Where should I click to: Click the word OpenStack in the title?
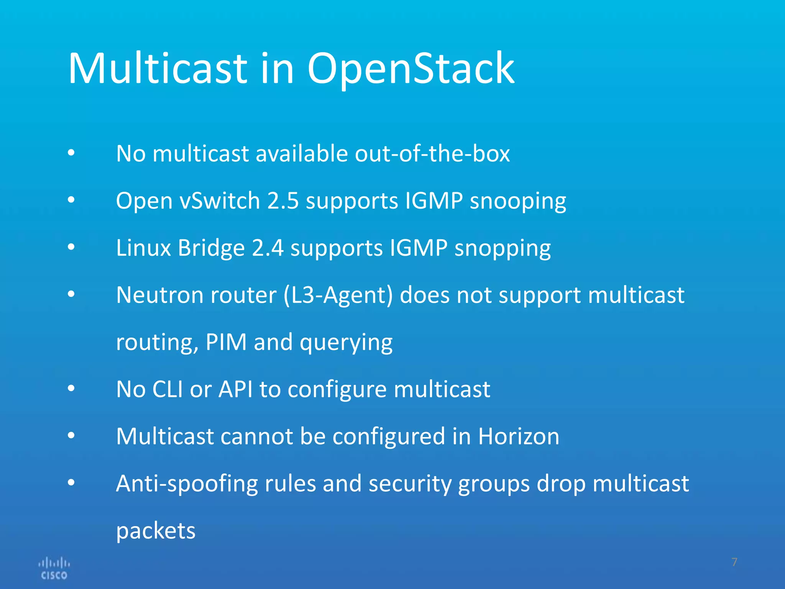[x=411, y=69]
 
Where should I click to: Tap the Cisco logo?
[x=54, y=568]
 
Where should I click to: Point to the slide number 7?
[x=734, y=562]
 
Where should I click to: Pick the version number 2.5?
[x=282, y=201]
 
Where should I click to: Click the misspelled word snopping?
[x=503, y=248]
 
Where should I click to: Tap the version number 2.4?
[x=268, y=248]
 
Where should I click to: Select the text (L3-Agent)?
[x=338, y=295]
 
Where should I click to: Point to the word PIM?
[x=226, y=342]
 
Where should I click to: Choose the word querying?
[x=346, y=343]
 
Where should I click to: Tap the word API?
[x=235, y=389]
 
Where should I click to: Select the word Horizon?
[x=519, y=436]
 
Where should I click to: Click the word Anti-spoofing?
[x=187, y=484]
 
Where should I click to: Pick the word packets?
[x=156, y=531]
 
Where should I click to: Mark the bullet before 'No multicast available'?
[x=71, y=153]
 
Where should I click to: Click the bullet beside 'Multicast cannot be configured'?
[x=71, y=436]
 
